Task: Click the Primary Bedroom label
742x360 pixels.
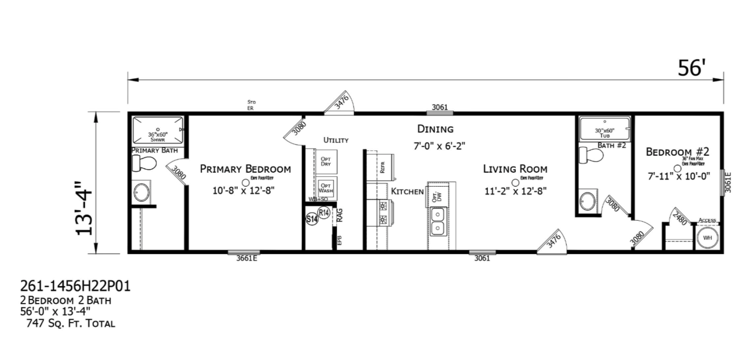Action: pyautogui.click(x=245, y=169)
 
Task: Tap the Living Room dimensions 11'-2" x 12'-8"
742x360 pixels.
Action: pyautogui.click(x=515, y=191)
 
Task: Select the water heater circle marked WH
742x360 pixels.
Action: pyautogui.click(x=707, y=238)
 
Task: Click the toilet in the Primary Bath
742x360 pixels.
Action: pyautogui.click(x=144, y=164)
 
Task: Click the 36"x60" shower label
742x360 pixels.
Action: pyautogui.click(x=158, y=136)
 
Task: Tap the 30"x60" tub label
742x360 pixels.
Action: pyautogui.click(x=604, y=133)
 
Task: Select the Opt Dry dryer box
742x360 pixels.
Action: pyautogui.click(x=326, y=161)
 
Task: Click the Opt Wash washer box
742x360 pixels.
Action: pyautogui.click(x=326, y=188)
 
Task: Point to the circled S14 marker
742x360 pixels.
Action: pyautogui.click(x=312, y=219)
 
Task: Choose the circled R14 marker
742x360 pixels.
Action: pyautogui.click(x=324, y=212)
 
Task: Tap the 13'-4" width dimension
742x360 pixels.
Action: pyautogui.click(x=85, y=208)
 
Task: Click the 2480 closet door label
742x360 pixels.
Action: pyautogui.click(x=680, y=219)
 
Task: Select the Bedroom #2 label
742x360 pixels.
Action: pyautogui.click(x=677, y=152)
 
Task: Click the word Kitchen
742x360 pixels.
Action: pyautogui.click(x=407, y=191)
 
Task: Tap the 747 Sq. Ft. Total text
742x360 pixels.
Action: pyautogui.click(x=71, y=323)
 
